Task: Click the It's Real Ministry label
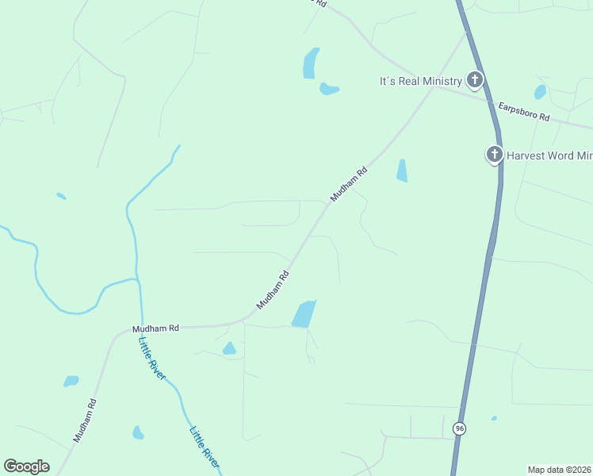[420, 81]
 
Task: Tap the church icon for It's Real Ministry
[475, 80]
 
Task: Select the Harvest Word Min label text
[549, 155]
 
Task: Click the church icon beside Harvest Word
[495, 154]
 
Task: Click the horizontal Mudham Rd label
[155, 328]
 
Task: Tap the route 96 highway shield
[460, 428]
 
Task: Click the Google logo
[26, 466]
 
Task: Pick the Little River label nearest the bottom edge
[204, 446]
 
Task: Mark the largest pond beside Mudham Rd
[304, 313]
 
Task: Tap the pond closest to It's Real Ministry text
[329, 89]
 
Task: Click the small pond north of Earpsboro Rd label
[541, 92]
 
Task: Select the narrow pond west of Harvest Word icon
[402, 171]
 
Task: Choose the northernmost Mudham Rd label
[350, 183]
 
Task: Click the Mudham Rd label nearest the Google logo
[86, 420]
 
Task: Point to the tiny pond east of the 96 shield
[494, 418]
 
